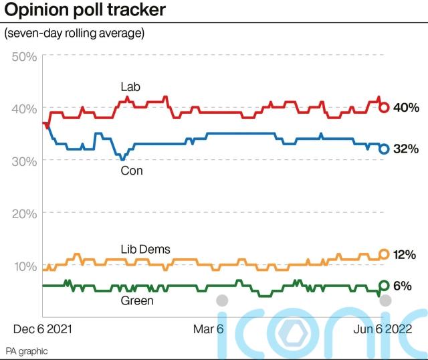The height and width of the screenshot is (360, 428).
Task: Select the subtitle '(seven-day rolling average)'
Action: (74, 33)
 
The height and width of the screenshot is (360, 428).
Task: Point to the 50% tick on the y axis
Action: (24, 56)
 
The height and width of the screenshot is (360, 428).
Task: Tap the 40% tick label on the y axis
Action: (24, 108)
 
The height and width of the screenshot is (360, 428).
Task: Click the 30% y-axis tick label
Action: (24, 161)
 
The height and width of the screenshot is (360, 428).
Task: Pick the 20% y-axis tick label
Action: (24, 213)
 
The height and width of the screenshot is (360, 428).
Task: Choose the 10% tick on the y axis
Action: (24, 266)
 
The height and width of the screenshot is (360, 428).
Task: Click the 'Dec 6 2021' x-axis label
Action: (43, 329)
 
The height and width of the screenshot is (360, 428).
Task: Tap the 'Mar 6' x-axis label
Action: (209, 329)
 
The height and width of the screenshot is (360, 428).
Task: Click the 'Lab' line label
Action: (130, 88)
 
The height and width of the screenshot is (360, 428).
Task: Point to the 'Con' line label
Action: (131, 171)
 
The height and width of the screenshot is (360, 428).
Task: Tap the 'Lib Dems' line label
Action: (145, 250)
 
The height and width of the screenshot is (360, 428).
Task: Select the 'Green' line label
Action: (136, 300)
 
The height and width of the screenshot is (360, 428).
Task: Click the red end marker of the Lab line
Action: (385, 107)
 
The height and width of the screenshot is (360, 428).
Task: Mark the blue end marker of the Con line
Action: (385, 149)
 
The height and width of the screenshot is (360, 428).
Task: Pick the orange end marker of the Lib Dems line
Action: (385, 254)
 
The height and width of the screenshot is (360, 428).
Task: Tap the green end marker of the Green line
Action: (385, 286)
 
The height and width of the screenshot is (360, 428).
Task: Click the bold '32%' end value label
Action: (405, 149)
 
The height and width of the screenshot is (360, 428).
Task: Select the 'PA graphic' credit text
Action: (27, 351)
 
